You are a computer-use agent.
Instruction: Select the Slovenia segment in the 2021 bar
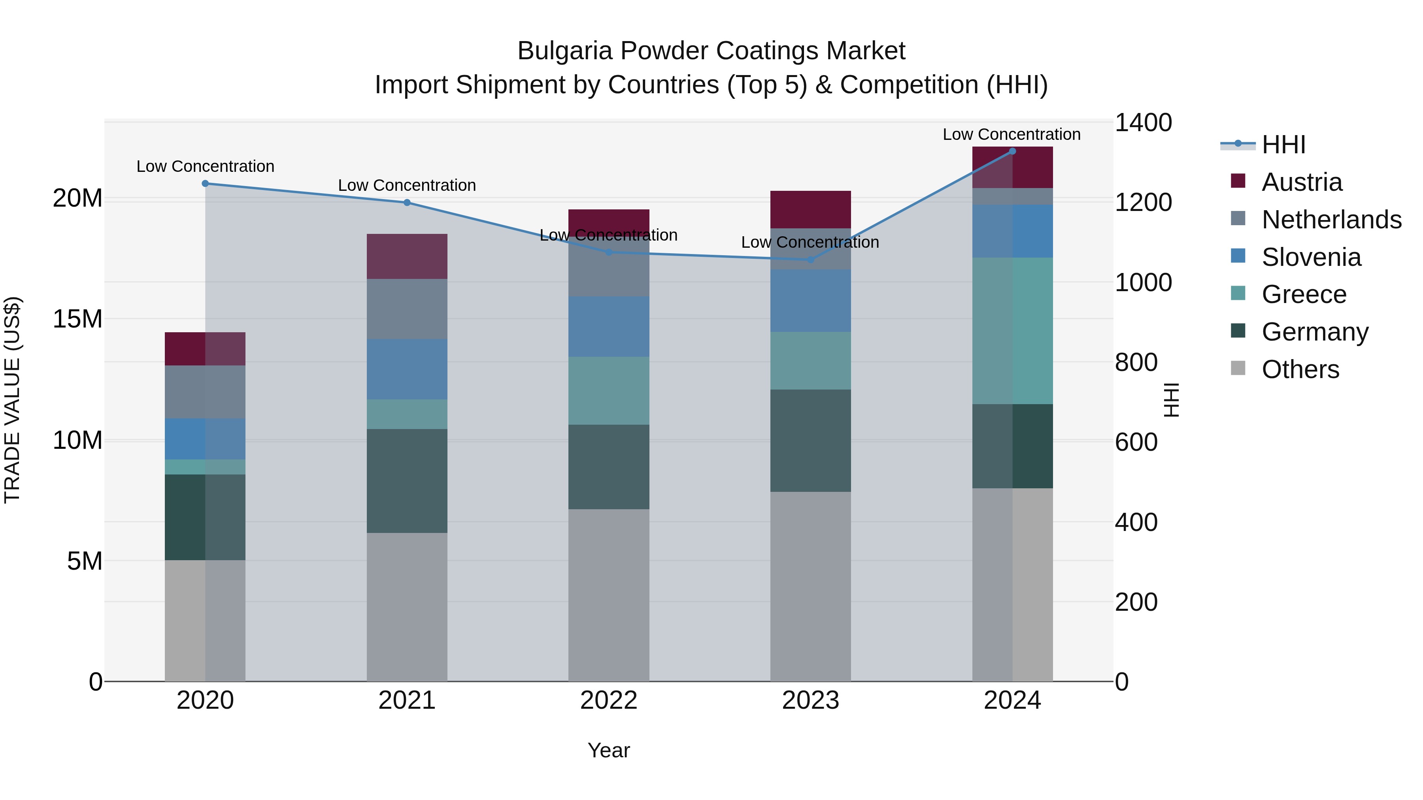click(407, 369)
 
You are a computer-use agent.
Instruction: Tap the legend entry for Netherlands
click(1331, 220)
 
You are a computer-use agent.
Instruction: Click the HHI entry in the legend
click(1283, 145)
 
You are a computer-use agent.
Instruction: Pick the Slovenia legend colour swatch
click(1238, 256)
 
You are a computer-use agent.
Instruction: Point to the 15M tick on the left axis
click(77, 319)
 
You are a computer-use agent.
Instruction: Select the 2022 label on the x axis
click(609, 700)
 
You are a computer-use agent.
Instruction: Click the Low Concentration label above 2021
click(407, 186)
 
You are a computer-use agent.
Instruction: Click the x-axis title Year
click(608, 750)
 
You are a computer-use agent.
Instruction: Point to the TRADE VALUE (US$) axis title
click(12, 400)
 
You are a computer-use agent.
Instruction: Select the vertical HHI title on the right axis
click(1170, 400)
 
